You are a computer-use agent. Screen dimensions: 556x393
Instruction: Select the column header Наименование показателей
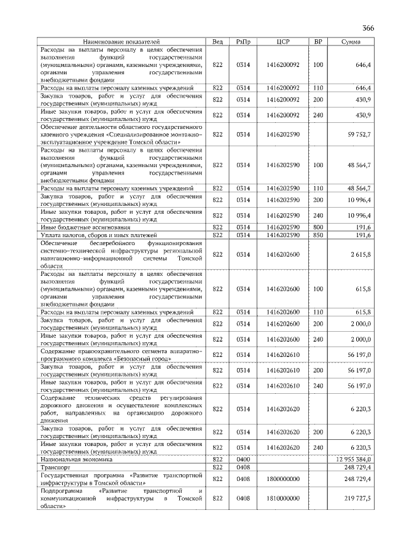(x=121, y=41)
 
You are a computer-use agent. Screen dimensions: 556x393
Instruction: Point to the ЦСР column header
(x=283, y=41)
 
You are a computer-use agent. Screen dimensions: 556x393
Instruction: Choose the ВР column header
(x=318, y=41)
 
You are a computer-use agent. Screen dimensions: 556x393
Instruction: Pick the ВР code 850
(x=318, y=235)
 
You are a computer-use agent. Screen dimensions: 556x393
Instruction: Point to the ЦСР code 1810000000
(x=283, y=498)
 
